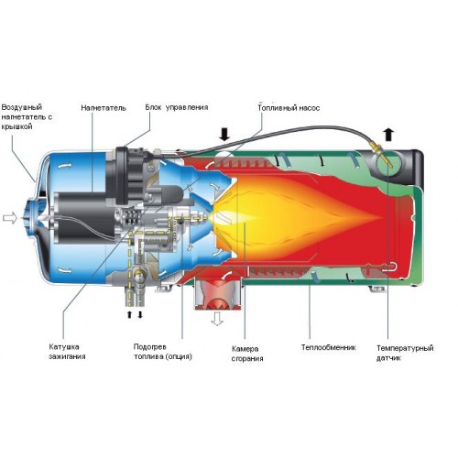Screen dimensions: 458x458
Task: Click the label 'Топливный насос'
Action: [x=289, y=108]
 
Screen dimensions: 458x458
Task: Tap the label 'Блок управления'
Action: [x=177, y=107]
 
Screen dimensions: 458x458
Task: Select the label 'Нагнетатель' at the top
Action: [x=104, y=108]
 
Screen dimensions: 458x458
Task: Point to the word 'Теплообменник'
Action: [x=329, y=347]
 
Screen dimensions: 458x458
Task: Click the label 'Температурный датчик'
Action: [x=405, y=353]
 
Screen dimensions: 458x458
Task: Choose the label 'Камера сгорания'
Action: [x=247, y=354]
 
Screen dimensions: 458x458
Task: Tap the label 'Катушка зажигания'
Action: [x=67, y=352]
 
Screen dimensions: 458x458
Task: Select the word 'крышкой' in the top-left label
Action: [x=16, y=126]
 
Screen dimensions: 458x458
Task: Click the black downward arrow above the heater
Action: [x=224, y=135]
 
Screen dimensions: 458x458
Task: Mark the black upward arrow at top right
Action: [x=388, y=135]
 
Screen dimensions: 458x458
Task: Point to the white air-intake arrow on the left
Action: [x=10, y=218]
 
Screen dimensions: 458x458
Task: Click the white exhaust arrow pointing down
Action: [x=217, y=319]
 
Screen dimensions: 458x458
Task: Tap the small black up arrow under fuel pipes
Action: [x=129, y=314]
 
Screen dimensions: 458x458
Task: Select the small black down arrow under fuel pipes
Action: [x=140, y=314]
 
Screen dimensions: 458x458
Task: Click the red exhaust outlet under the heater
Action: [x=218, y=294]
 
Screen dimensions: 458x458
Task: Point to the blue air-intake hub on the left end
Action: [x=31, y=217]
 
